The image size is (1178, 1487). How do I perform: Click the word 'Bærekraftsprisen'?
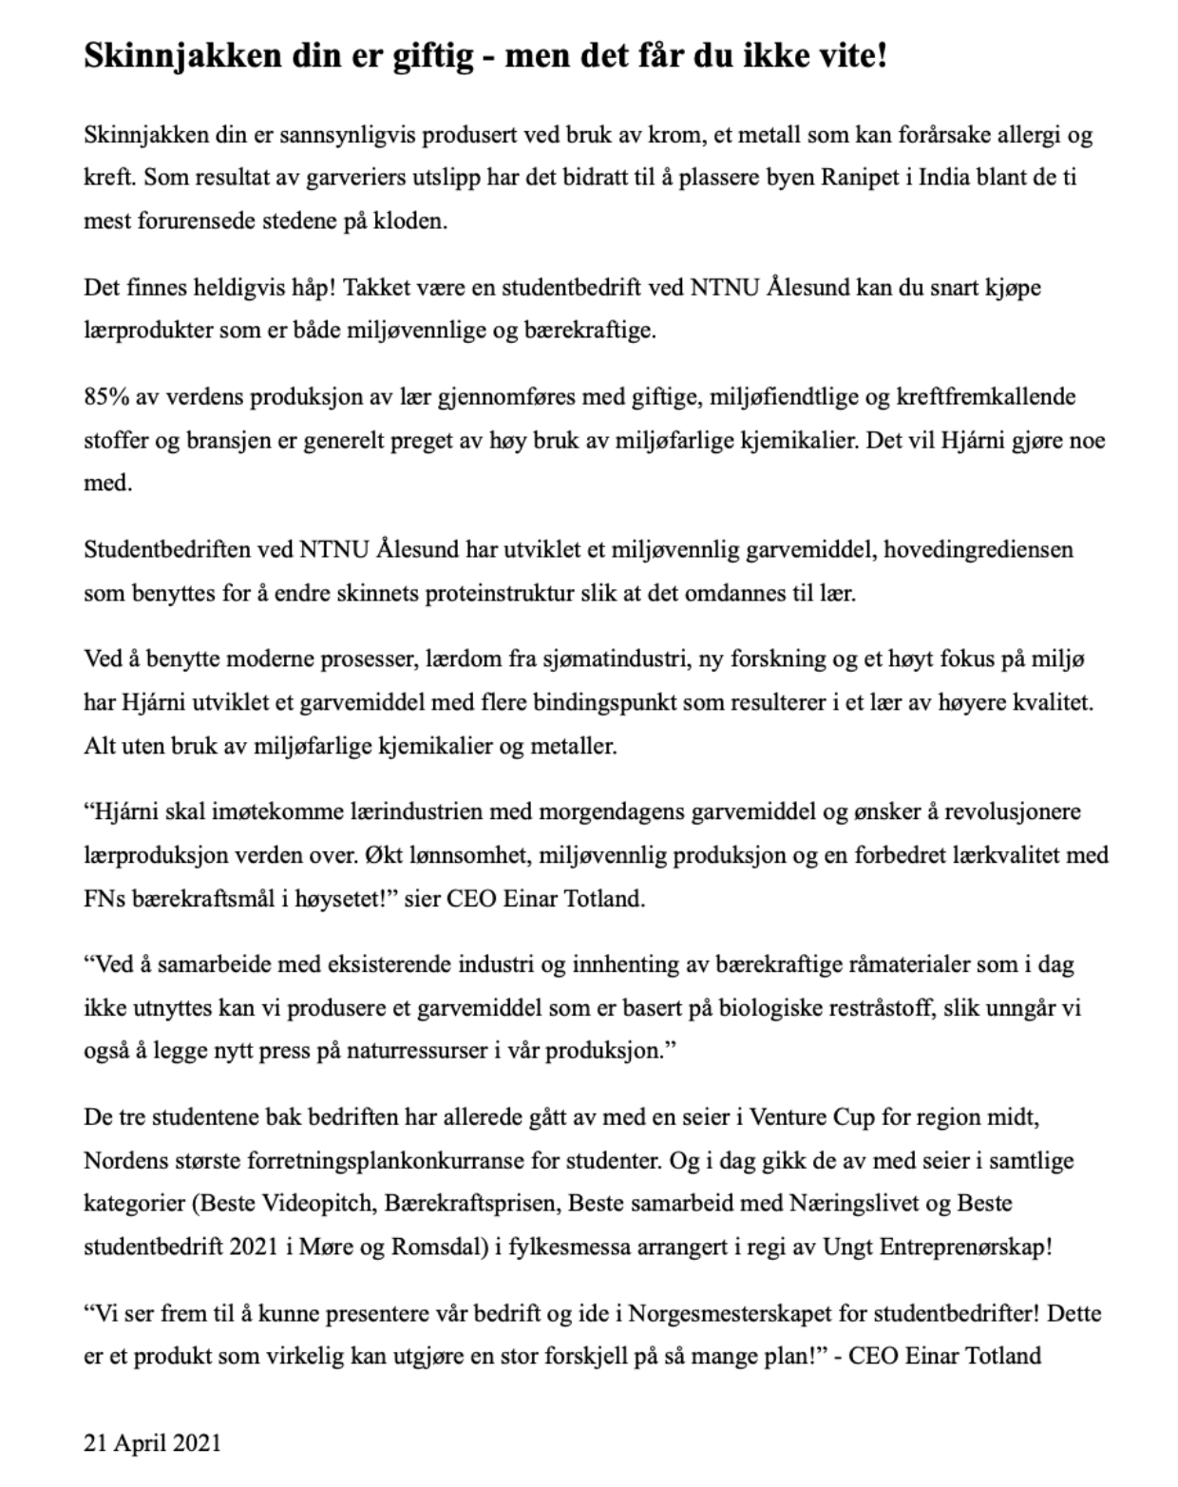point(463,1204)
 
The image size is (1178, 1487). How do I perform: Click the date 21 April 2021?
point(152,1443)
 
